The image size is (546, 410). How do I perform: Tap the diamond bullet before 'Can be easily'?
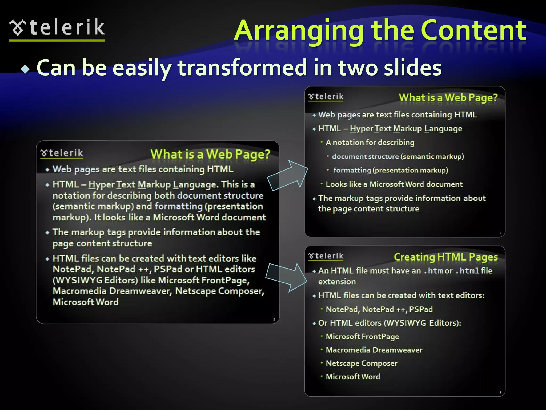tap(26, 69)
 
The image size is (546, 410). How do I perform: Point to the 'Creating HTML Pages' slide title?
tap(446, 257)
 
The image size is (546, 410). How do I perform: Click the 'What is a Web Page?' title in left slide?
tap(210, 154)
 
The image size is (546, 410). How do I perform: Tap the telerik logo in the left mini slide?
tap(62, 153)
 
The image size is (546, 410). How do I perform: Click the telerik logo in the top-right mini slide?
tap(326, 97)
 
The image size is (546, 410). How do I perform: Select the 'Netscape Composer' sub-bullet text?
tap(361, 363)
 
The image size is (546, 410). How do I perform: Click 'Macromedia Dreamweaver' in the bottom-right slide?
tap(374, 350)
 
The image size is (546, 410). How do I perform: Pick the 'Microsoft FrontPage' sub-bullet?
tap(362, 337)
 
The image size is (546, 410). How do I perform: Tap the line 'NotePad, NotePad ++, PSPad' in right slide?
tap(379, 309)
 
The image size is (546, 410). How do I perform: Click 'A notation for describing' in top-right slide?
tap(370, 143)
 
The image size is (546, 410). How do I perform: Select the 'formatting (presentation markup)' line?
tap(390, 170)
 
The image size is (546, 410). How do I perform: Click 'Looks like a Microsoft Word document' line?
tap(394, 184)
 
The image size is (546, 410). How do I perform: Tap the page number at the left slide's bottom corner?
tap(274, 320)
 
